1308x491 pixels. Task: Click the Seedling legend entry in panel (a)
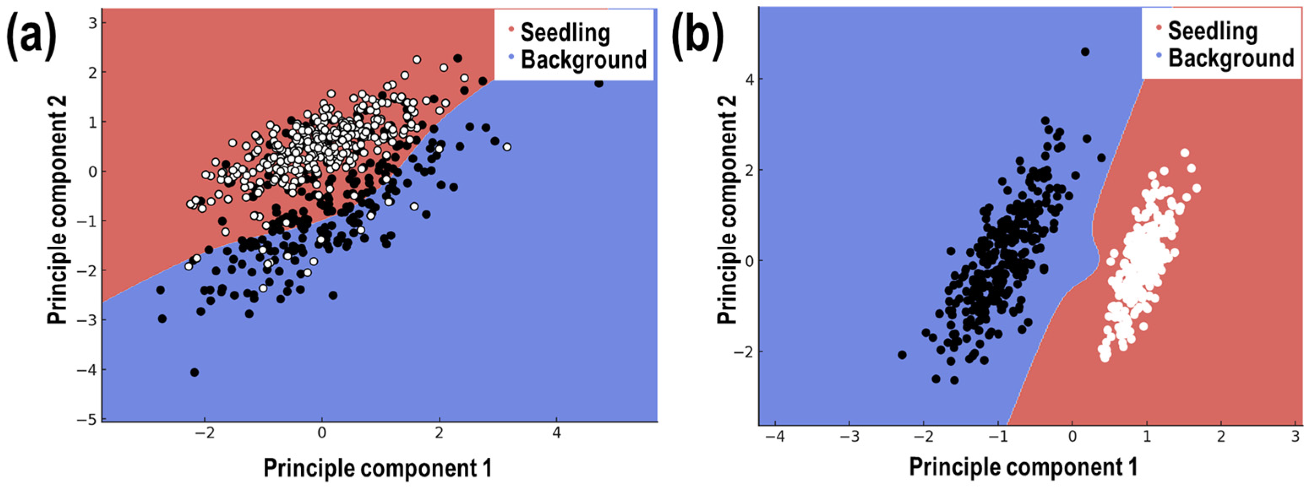(565, 33)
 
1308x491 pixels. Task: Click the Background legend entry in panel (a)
(583, 60)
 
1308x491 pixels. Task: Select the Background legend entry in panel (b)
(1231, 58)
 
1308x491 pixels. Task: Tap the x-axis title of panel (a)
(377, 468)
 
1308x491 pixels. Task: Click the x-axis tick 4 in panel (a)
(557, 435)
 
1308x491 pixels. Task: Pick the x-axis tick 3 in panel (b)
(1295, 437)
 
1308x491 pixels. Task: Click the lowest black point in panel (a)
(194, 372)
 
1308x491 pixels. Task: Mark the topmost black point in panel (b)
(1085, 52)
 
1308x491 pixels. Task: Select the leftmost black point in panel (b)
(902, 355)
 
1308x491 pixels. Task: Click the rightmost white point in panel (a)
(507, 147)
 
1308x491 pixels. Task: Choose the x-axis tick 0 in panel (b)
(1072, 437)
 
